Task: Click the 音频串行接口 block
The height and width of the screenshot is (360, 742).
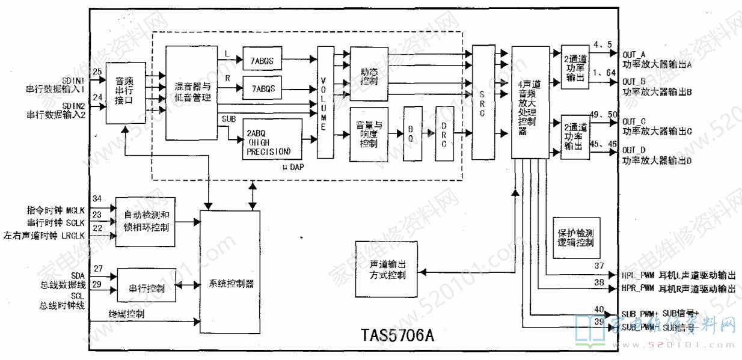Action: coord(125,93)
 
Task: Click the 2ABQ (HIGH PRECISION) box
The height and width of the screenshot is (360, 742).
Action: coord(271,140)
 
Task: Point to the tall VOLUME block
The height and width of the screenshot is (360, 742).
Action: coord(325,102)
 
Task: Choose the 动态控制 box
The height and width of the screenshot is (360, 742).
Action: coord(369,75)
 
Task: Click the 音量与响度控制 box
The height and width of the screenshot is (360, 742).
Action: coord(369,134)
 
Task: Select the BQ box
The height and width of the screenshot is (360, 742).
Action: coord(412,134)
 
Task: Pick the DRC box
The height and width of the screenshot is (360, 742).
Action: coord(444,134)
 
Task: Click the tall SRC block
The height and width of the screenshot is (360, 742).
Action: coord(482,102)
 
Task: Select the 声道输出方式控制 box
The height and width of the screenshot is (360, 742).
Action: coord(387,269)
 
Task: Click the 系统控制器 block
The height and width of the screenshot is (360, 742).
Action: coord(231,283)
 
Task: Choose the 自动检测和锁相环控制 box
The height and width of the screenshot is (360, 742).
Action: coord(146,222)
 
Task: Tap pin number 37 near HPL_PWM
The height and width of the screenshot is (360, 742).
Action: coord(599,266)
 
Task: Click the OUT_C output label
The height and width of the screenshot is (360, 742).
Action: coord(634,121)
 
